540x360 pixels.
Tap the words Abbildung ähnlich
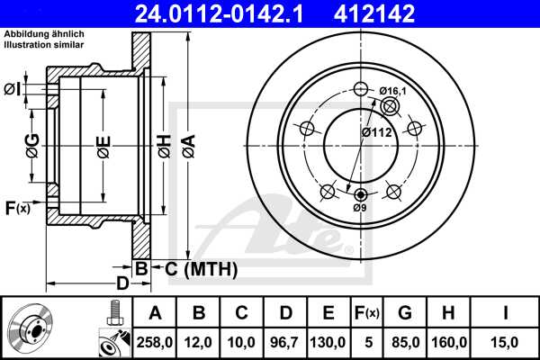tap(45, 33)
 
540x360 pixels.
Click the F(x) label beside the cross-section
tap(18, 209)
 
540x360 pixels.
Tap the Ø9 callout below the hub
tap(360, 208)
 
